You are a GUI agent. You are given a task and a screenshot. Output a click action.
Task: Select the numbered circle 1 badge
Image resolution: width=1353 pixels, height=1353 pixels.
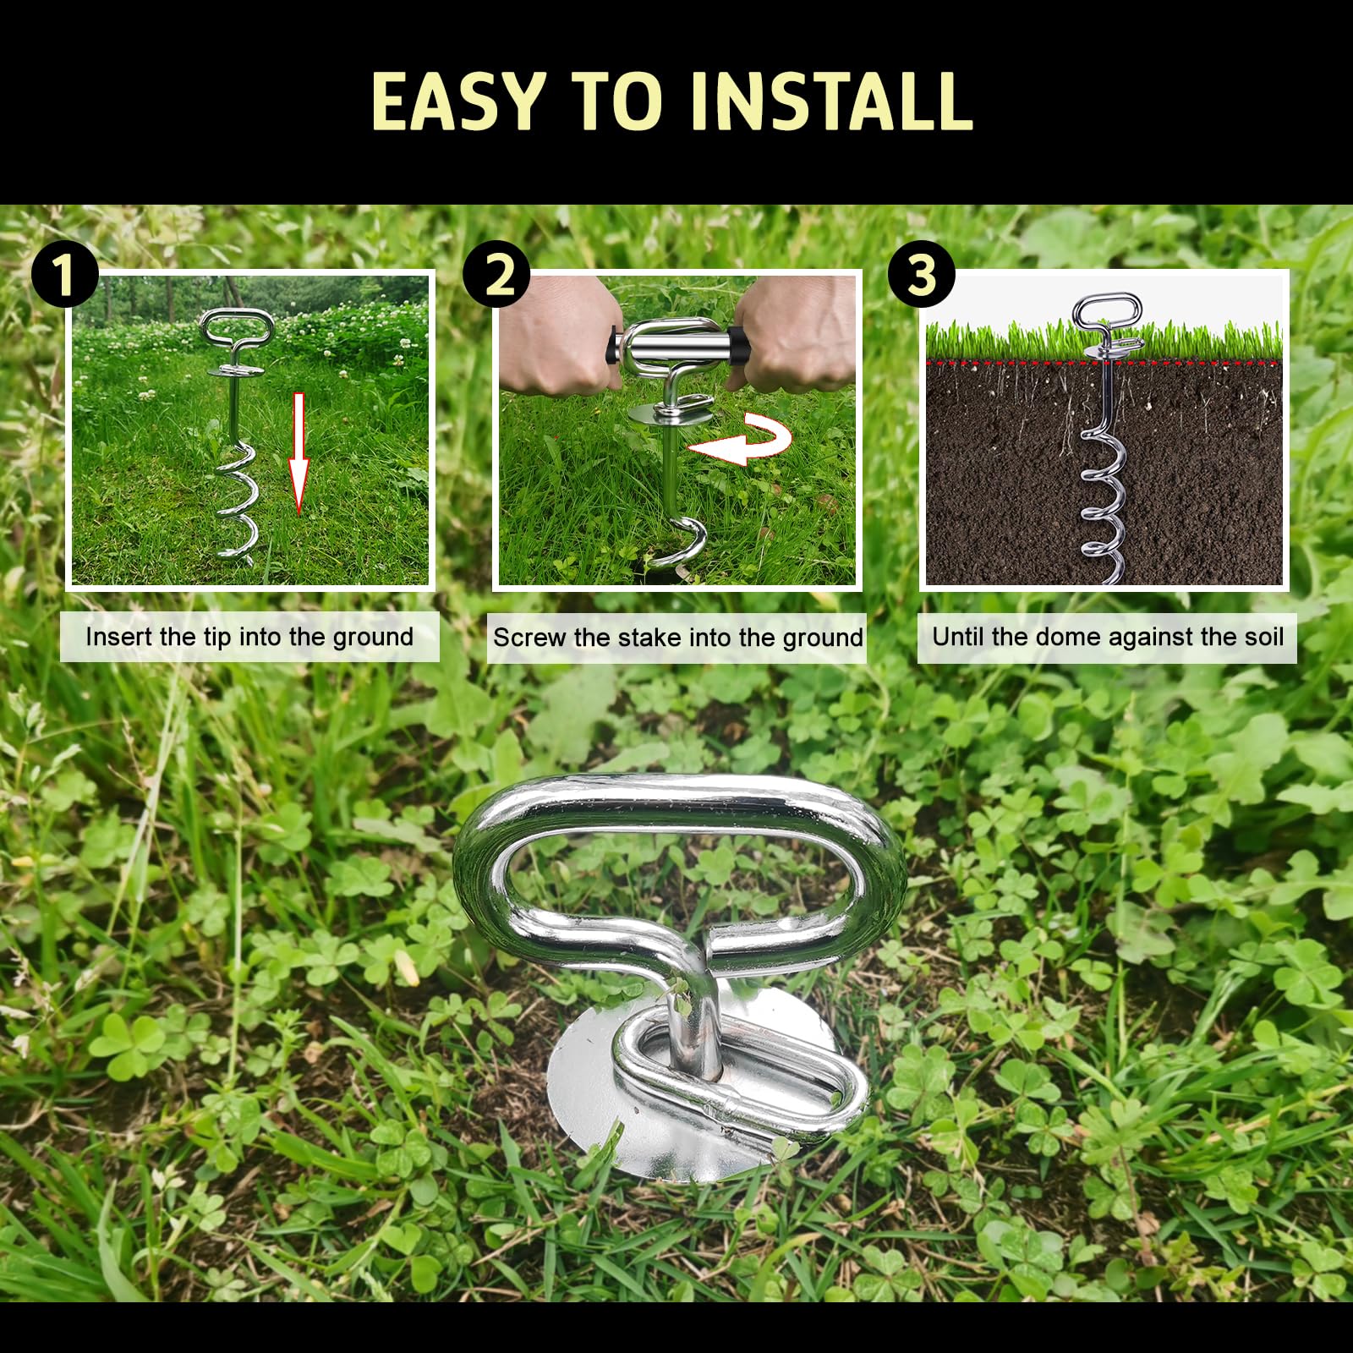coord(64,274)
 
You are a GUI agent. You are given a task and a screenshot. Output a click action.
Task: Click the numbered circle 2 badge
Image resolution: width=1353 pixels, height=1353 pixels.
coord(497,274)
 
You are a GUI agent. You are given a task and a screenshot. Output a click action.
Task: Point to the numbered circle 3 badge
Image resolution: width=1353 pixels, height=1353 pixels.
coord(922,274)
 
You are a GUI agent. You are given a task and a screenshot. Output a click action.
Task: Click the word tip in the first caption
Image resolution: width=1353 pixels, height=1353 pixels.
coord(216,637)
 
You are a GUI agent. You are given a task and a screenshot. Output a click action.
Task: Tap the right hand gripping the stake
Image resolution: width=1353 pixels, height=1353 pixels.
coord(799,334)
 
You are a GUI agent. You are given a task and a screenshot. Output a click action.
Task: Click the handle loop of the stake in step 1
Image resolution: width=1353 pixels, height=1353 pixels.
coord(237,326)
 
